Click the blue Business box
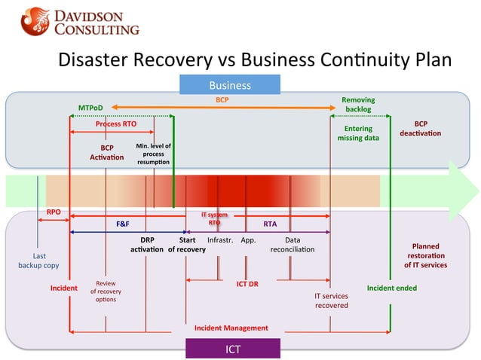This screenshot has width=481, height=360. (229, 85)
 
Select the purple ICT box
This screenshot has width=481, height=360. (233, 349)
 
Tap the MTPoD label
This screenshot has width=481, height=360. (90, 108)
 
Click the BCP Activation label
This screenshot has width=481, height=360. (106, 152)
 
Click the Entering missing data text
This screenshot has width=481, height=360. (358, 133)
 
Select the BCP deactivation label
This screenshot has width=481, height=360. (420, 128)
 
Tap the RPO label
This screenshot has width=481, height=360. (54, 212)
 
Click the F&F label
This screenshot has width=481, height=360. (122, 224)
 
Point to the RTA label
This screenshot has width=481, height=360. (269, 224)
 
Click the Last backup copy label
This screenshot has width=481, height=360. (33, 261)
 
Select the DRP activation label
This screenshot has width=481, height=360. (146, 244)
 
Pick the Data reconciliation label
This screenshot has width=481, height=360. (293, 244)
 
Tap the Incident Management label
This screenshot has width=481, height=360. (231, 328)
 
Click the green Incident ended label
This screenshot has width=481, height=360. (391, 288)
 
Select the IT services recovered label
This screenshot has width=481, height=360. (331, 301)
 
